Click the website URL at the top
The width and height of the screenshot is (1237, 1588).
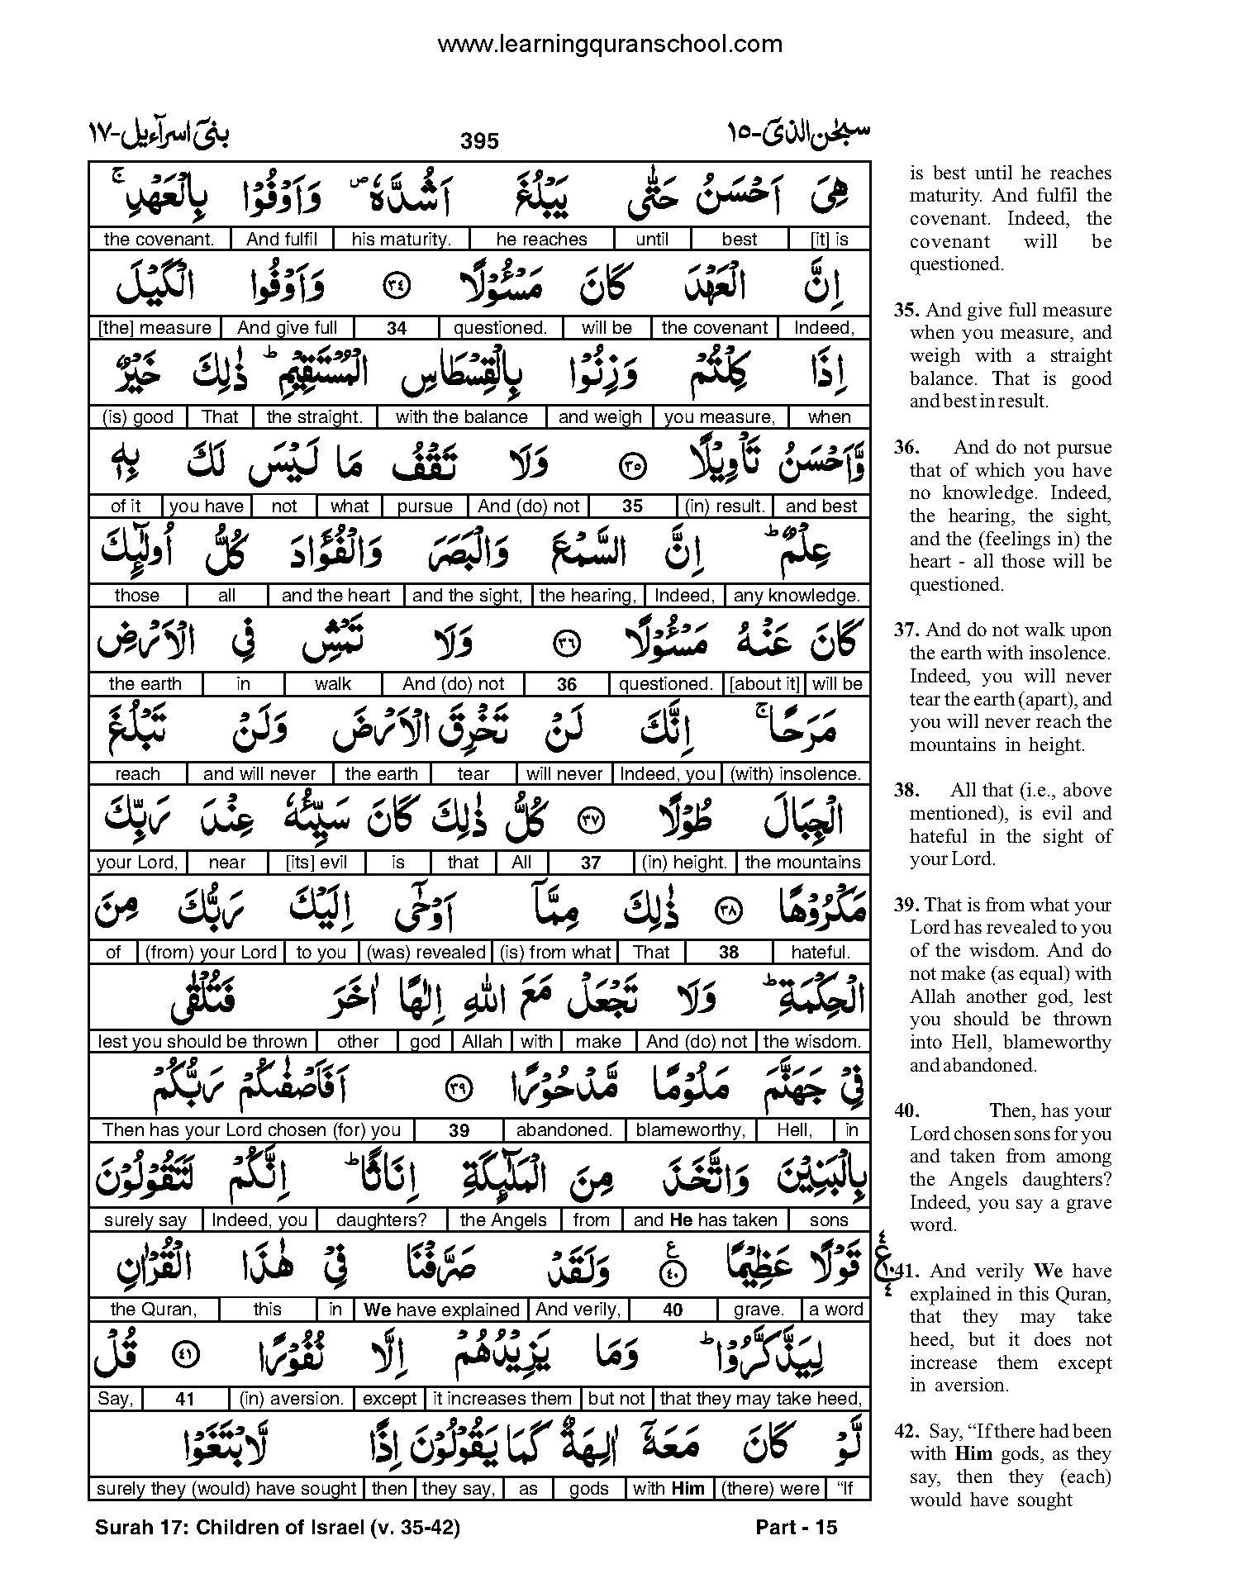tap(610, 43)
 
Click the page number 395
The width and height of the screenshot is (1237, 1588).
tap(480, 140)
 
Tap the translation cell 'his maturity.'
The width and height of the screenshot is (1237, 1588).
tap(401, 240)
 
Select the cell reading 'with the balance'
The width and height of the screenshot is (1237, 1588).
tap(461, 417)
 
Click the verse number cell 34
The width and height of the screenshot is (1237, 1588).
tap(397, 328)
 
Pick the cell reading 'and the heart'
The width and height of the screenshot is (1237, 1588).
tap(335, 596)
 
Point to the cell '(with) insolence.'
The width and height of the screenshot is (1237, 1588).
tap(796, 774)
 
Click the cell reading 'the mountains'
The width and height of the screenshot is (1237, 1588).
tap(802, 863)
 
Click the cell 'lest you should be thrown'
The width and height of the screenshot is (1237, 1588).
tap(202, 1042)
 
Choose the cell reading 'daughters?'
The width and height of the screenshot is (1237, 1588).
tap(381, 1220)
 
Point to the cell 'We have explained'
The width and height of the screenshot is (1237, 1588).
tap(441, 1310)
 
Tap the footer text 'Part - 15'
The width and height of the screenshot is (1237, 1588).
tap(797, 1528)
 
